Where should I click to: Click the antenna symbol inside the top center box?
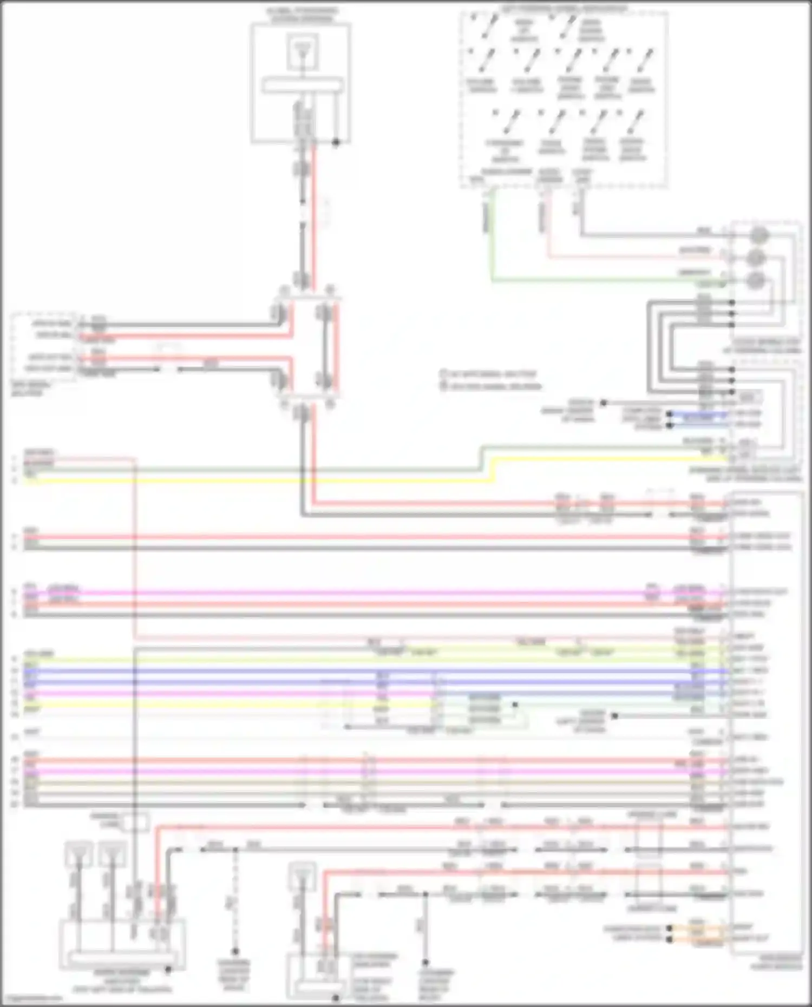tap(302, 52)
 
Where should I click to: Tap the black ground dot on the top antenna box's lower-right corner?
tap(336, 143)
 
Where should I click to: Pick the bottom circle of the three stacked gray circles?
tap(756, 281)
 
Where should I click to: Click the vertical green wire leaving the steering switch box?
tap(492, 233)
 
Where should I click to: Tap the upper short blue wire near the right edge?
tap(698, 414)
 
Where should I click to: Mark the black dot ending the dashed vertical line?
tap(235, 951)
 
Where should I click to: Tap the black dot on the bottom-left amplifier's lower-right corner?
tap(168, 970)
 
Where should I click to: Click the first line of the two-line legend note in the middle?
tap(490, 374)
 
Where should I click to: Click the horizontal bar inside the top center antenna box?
tap(302, 85)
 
